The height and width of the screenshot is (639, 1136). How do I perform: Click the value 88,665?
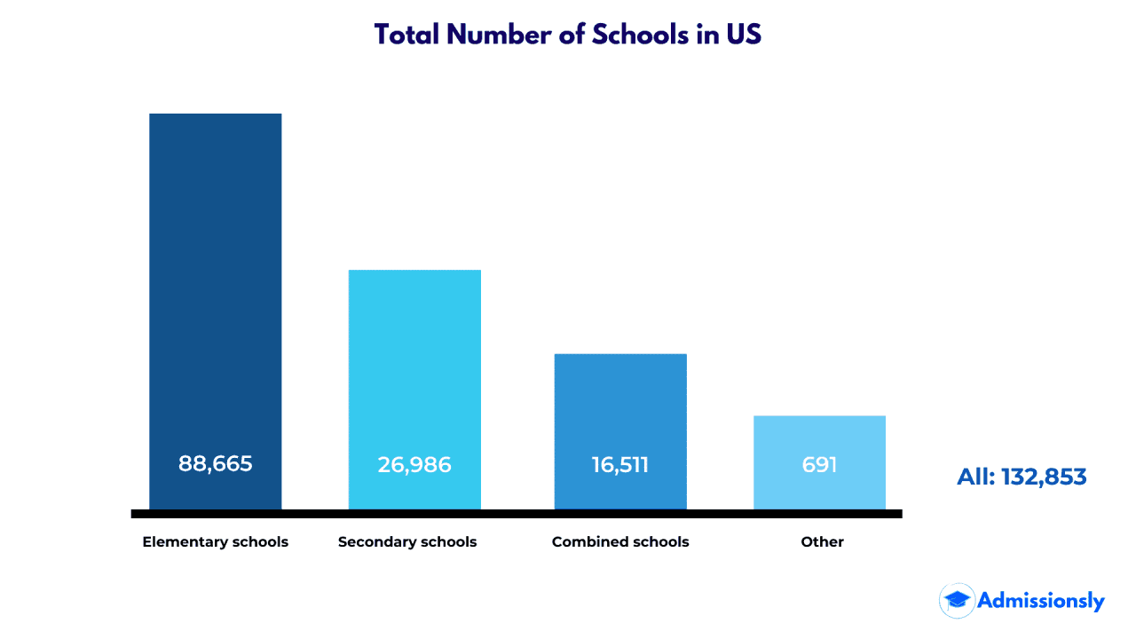216,463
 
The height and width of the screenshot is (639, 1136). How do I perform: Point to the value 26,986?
414,464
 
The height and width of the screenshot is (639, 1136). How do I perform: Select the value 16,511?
620,464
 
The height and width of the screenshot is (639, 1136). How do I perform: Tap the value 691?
819,464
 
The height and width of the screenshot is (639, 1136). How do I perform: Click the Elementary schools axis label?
216,541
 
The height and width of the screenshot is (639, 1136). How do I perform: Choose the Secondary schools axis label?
407,541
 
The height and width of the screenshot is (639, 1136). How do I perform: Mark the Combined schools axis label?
620,541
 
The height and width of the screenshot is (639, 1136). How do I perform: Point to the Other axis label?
822,541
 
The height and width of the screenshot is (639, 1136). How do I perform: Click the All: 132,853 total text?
1022,477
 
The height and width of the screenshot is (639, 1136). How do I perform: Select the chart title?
568,35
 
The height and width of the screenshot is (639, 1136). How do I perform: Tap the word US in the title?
744,35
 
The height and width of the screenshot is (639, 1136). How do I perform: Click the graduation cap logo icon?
957,601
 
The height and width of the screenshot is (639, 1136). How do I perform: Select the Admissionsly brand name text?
1041,601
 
